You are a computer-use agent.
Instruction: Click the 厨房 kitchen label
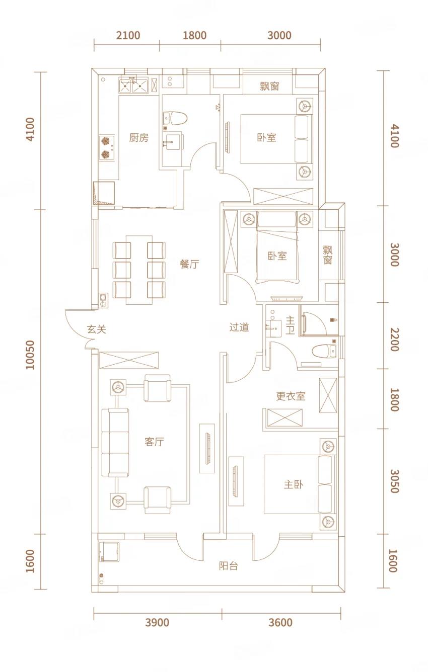pyautogui.click(x=139, y=138)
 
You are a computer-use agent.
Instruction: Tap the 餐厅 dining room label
pyautogui.click(x=189, y=264)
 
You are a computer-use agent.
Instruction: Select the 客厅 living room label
pyautogui.click(x=155, y=442)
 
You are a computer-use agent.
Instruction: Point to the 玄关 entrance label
pyautogui.click(x=97, y=329)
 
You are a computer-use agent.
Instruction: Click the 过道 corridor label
pyautogui.click(x=239, y=327)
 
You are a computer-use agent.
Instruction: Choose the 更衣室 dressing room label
pyautogui.click(x=291, y=396)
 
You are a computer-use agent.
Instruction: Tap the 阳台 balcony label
pyautogui.click(x=228, y=566)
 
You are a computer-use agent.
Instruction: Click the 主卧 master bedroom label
pyautogui.click(x=294, y=484)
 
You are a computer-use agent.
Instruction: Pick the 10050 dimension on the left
pyautogui.click(x=31, y=355)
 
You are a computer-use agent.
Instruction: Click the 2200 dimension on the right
pyautogui.click(x=394, y=340)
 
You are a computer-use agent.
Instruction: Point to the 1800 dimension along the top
pyautogui.click(x=195, y=35)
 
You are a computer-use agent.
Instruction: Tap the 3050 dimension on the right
pyautogui.click(x=394, y=481)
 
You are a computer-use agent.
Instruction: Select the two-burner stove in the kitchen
pyautogui.click(x=107, y=147)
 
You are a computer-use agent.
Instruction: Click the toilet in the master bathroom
pyautogui.click(x=324, y=351)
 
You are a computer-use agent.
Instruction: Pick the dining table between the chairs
pyautogui.click(x=139, y=270)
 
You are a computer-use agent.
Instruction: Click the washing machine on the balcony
pyautogui.click(x=109, y=552)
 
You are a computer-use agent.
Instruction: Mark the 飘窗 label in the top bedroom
pyautogui.click(x=269, y=86)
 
